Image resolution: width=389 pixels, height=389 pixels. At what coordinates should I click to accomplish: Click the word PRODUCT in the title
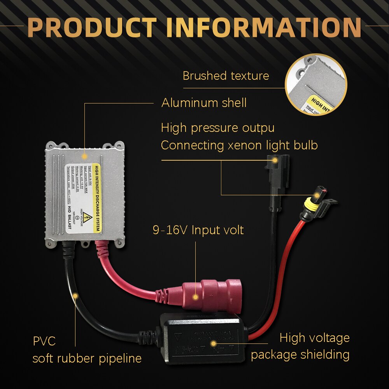pyautogui.click(x=93, y=27)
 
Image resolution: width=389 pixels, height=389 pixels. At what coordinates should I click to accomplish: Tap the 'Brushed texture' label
pyautogui.click(x=226, y=75)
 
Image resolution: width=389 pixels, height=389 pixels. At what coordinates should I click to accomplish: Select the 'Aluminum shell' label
pyautogui.click(x=204, y=103)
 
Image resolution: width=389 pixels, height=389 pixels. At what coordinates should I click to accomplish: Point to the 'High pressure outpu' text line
pyautogui.click(x=218, y=128)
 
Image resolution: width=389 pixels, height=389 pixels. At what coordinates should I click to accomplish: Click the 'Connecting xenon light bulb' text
pyautogui.click(x=239, y=145)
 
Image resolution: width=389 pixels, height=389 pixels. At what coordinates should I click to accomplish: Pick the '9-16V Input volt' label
pyautogui.click(x=198, y=230)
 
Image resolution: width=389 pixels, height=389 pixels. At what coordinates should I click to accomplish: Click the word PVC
pyautogui.click(x=44, y=341)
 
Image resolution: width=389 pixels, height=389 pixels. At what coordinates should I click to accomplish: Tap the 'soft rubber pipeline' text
pyautogui.click(x=87, y=358)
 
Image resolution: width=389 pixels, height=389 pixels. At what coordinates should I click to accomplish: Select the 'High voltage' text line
pyautogui.click(x=314, y=338)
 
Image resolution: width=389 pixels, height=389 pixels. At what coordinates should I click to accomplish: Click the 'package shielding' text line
pyautogui.click(x=300, y=355)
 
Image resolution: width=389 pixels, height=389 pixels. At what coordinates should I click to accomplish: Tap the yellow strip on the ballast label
pyautogui.click(x=96, y=198)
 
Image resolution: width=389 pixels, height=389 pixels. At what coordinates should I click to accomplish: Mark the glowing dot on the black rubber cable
pyautogui.click(x=75, y=296)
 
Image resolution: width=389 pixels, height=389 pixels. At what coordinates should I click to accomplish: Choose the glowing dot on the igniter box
pyautogui.click(x=213, y=343)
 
